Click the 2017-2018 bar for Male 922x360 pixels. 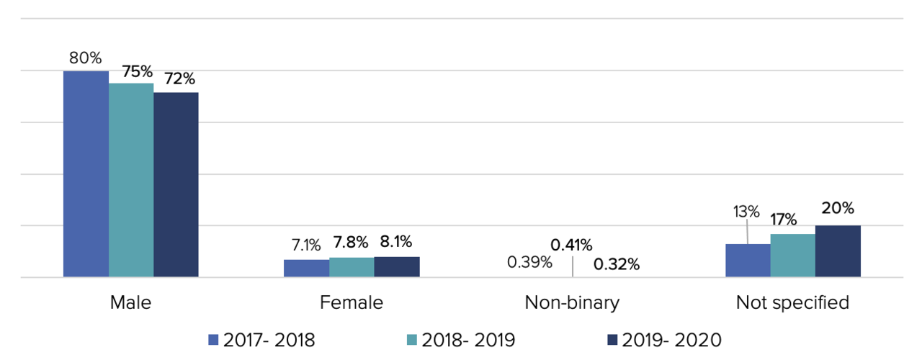[86, 174]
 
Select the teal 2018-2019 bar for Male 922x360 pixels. [131, 180]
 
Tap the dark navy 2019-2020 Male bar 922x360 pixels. [176, 184]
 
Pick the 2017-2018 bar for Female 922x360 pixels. [306, 268]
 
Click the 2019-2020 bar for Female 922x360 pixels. [397, 266]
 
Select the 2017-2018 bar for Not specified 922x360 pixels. [748, 260]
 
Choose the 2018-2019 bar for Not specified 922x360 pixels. [792, 255]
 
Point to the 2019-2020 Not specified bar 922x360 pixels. [838, 251]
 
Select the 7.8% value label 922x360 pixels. [352, 243]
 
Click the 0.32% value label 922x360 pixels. [617, 264]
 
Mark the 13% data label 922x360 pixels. [746, 212]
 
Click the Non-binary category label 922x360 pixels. [572, 302]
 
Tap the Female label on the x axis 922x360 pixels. [352, 302]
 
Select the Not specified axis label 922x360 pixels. [792, 302]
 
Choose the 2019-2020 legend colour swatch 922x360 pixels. [612, 340]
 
